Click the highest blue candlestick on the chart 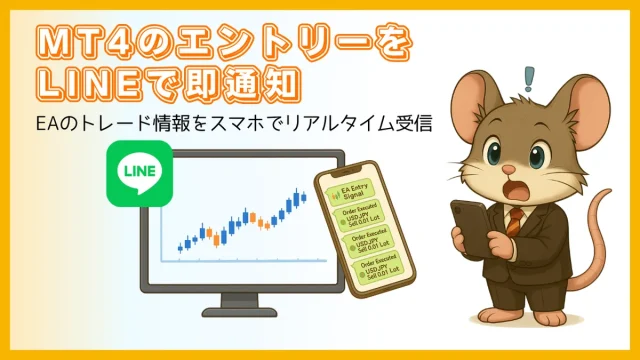(301, 195)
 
